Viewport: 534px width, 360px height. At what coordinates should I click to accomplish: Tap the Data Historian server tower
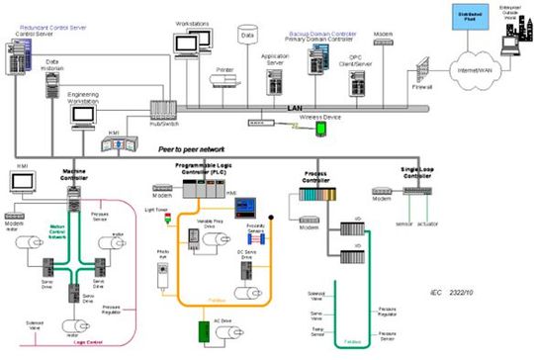pyautogui.click(x=47, y=84)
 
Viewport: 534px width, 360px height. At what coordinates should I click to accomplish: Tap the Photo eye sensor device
pyautogui.click(x=164, y=272)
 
